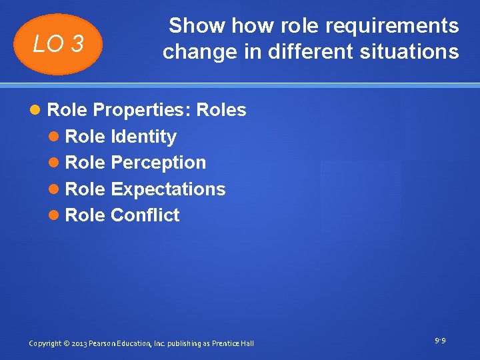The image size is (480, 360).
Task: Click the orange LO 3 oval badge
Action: (59, 44)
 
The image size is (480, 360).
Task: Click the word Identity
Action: (143, 137)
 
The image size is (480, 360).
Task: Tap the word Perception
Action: (159, 163)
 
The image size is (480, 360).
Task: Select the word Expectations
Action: (168, 189)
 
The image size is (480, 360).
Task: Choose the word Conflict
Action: (145, 215)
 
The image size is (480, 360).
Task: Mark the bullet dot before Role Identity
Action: (55, 137)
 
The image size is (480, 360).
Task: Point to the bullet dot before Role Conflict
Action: (55, 216)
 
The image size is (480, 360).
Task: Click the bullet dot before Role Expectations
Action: (55, 190)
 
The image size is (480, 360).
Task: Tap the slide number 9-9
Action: (440, 341)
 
